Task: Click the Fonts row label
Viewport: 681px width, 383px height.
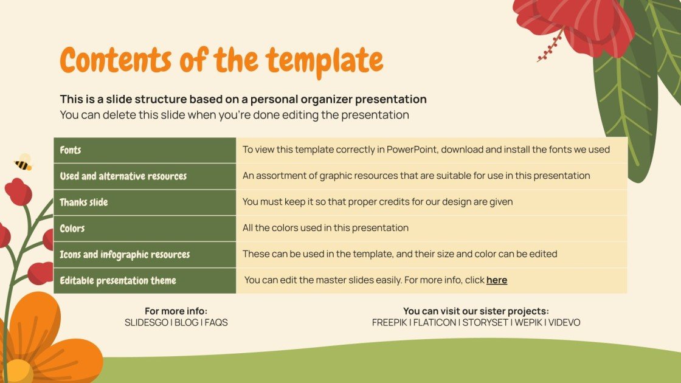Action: [71, 150]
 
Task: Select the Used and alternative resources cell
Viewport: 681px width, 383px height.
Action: [123, 176]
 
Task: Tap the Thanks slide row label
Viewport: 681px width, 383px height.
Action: [84, 202]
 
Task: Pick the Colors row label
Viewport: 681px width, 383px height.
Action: [72, 229]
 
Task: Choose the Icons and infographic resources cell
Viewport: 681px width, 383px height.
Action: [125, 255]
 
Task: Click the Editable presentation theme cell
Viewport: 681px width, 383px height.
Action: [118, 281]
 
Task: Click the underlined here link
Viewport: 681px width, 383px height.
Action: [496, 280]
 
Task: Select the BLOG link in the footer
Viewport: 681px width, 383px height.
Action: [186, 323]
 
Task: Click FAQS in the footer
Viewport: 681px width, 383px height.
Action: [216, 323]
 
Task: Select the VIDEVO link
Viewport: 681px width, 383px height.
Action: [564, 323]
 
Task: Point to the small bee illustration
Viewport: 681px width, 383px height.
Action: [23, 162]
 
